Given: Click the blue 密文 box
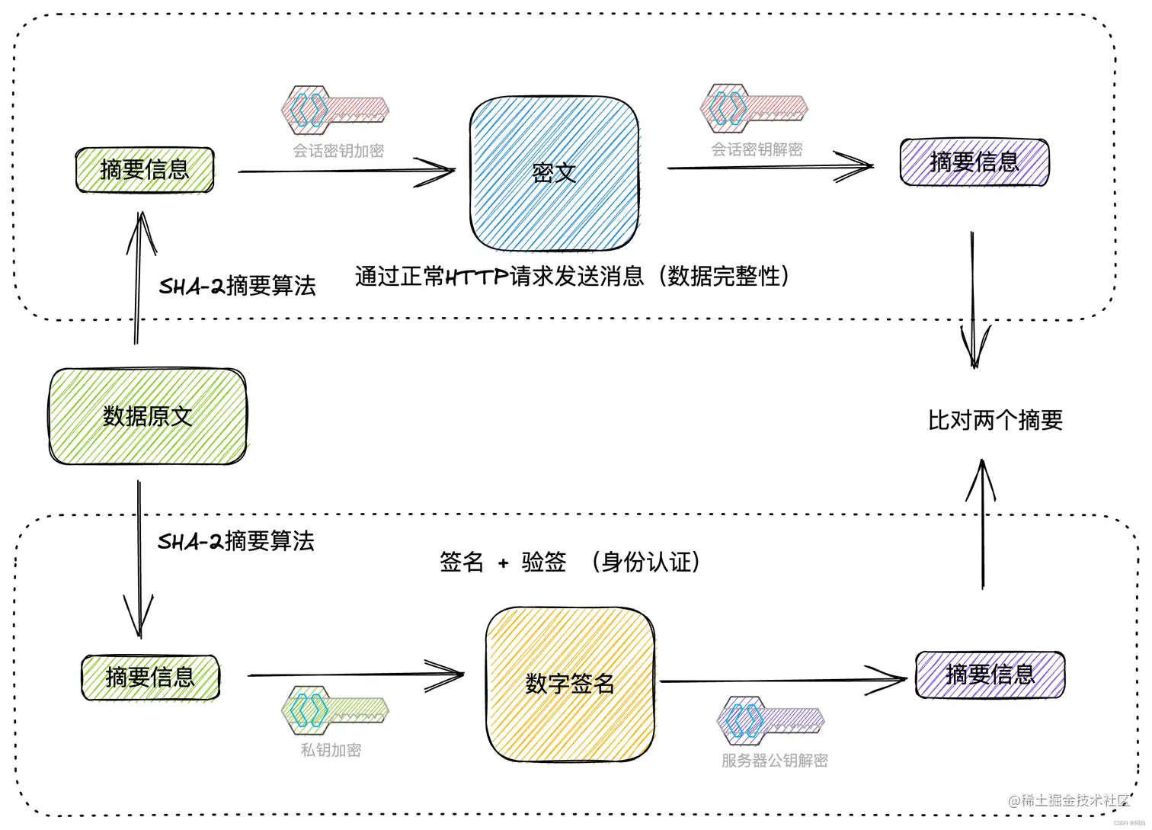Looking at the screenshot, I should coord(554,174).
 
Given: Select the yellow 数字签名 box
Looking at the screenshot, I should coord(570,684).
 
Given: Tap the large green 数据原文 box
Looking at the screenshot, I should coord(148,416).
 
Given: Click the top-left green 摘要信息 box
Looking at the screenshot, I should coord(145,169).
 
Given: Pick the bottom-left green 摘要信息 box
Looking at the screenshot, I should coord(150,677).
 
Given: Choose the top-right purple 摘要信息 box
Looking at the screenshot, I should coord(974,162).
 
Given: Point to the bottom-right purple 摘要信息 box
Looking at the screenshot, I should coord(990,674).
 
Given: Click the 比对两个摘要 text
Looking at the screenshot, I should coord(995,420).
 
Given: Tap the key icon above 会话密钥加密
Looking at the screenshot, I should coord(334,111).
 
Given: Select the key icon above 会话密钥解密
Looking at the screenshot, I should coord(753,108).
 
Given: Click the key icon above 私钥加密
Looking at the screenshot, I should coord(334,710).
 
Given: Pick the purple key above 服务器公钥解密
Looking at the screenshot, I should coord(770,719).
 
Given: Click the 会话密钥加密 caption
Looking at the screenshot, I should coord(338,151).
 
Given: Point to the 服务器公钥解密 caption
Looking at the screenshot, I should coord(774,760).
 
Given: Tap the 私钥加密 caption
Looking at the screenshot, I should coord(331,750).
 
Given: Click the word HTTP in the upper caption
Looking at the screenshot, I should coord(476,277).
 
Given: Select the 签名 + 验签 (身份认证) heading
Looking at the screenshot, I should coord(570,562).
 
